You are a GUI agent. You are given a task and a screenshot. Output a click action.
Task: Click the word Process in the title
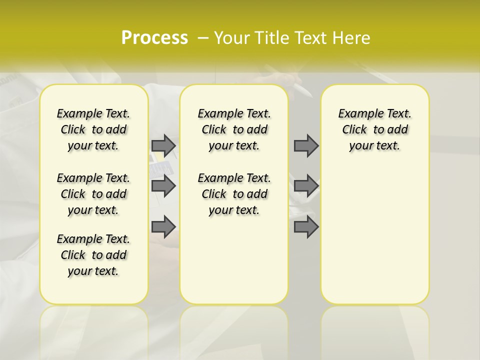(x=154, y=38)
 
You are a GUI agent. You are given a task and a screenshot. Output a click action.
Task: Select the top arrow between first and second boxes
(x=163, y=145)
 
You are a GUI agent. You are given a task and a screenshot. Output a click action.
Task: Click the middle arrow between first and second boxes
(x=163, y=186)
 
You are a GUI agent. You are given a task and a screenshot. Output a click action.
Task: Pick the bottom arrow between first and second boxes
(x=163, y=226)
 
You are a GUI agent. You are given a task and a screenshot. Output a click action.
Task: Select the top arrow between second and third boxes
(x=306, y=145)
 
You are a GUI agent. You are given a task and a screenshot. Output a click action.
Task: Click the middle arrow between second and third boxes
(x=306, y=186)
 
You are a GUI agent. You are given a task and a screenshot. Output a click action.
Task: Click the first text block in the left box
(x=93, y=129)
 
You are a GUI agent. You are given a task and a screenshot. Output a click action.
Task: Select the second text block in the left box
(x=93, y=194)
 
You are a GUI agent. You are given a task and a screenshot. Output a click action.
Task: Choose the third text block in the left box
(x=93, y=255)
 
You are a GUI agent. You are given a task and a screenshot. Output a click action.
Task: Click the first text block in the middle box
(x=234, y=129)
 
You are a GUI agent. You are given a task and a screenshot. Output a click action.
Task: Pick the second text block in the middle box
(x=234, y=194)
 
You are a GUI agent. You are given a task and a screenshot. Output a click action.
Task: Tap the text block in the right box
(x=375, y=129)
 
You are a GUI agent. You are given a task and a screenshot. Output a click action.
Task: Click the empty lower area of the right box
(x=375, y=240)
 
